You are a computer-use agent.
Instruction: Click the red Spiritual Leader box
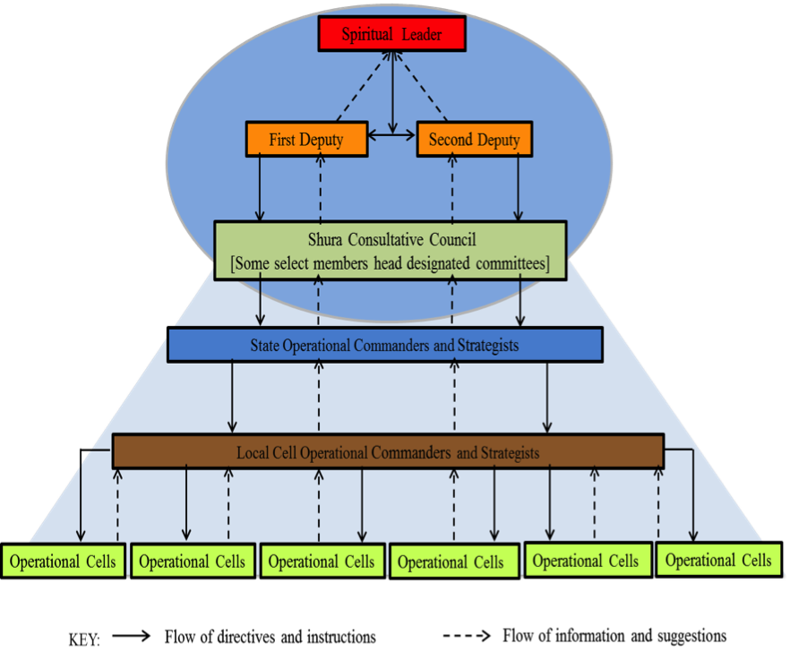click(391, 35)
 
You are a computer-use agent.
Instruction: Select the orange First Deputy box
click(305, 140)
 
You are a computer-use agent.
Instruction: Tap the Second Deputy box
click(474, 140)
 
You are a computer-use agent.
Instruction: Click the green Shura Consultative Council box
click(391, 252)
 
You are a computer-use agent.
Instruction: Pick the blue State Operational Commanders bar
click(384, 345)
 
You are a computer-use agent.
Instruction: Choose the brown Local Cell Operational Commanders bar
click(388, 452)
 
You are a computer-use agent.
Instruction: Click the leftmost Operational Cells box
click(63, 562)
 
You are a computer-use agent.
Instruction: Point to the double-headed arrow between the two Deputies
click(391, 135)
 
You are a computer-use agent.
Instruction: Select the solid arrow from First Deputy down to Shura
click(260, 187)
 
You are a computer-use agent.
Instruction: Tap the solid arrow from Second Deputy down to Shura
click(519, 187)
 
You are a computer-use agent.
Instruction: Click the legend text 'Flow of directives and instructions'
click(270, 638)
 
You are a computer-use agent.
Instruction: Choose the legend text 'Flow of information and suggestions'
click(614, 636)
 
